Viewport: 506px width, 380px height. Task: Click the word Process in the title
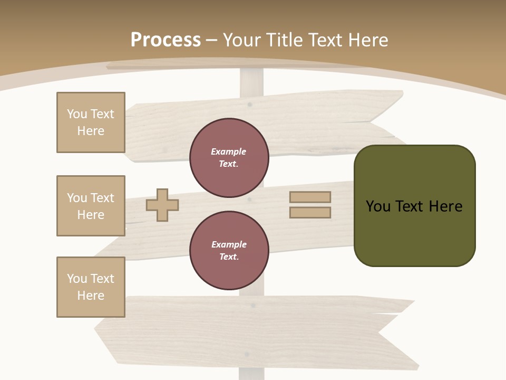166,40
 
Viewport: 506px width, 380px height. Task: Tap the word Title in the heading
283,40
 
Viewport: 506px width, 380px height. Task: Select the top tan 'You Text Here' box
91,122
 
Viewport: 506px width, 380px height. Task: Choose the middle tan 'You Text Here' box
91,206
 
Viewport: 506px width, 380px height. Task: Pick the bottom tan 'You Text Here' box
91,287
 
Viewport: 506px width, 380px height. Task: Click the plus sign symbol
162,205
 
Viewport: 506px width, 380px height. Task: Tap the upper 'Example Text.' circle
229,158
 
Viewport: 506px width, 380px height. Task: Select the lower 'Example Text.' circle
229,251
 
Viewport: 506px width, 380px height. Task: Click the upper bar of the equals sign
310,197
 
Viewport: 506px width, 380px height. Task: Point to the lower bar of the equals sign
310,212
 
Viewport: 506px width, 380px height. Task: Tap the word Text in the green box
410,206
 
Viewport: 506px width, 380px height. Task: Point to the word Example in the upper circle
229,152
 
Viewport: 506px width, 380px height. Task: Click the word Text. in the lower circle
229,257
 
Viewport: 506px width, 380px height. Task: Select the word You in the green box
378,206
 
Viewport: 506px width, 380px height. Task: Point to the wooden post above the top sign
251,82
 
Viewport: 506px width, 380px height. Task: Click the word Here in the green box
445,206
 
